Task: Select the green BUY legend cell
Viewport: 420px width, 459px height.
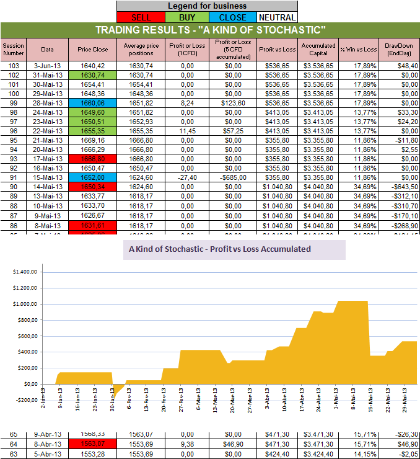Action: click(x=186, y=17)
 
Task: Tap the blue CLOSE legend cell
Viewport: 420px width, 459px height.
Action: click(x=232, y=17)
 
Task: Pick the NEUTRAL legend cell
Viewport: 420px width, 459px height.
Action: click(x=276, y=17)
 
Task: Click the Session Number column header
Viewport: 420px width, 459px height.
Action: click(x=13, y=50)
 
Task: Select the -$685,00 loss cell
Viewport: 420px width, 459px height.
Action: click(x=233, y=177)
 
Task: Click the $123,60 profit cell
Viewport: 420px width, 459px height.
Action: click(x=233, y=103)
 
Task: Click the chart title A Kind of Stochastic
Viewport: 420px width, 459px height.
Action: click(x=219, y=249)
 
